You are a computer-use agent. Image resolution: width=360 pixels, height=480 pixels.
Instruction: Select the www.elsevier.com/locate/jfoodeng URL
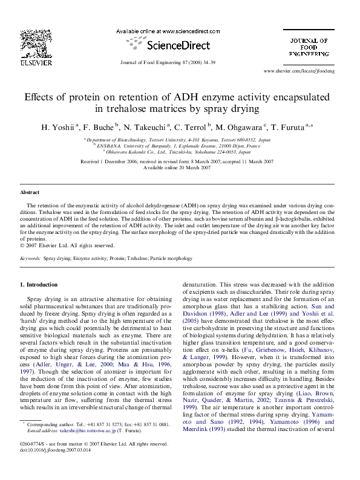click(x=307, y=71)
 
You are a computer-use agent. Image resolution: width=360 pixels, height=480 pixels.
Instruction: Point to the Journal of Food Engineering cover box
click(x=308, y=46)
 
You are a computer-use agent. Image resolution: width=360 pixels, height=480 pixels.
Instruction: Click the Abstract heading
click(x=30, y=192)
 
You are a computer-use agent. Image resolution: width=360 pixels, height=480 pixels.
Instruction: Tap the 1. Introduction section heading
click(x=39, y=284)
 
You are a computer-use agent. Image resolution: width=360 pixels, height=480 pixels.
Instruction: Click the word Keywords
click(x=30, y=258)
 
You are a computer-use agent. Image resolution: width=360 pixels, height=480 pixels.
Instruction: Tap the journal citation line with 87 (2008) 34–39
click(x=176, y=63)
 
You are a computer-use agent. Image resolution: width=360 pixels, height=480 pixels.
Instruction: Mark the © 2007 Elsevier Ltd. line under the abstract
click(x=67, y=245)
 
